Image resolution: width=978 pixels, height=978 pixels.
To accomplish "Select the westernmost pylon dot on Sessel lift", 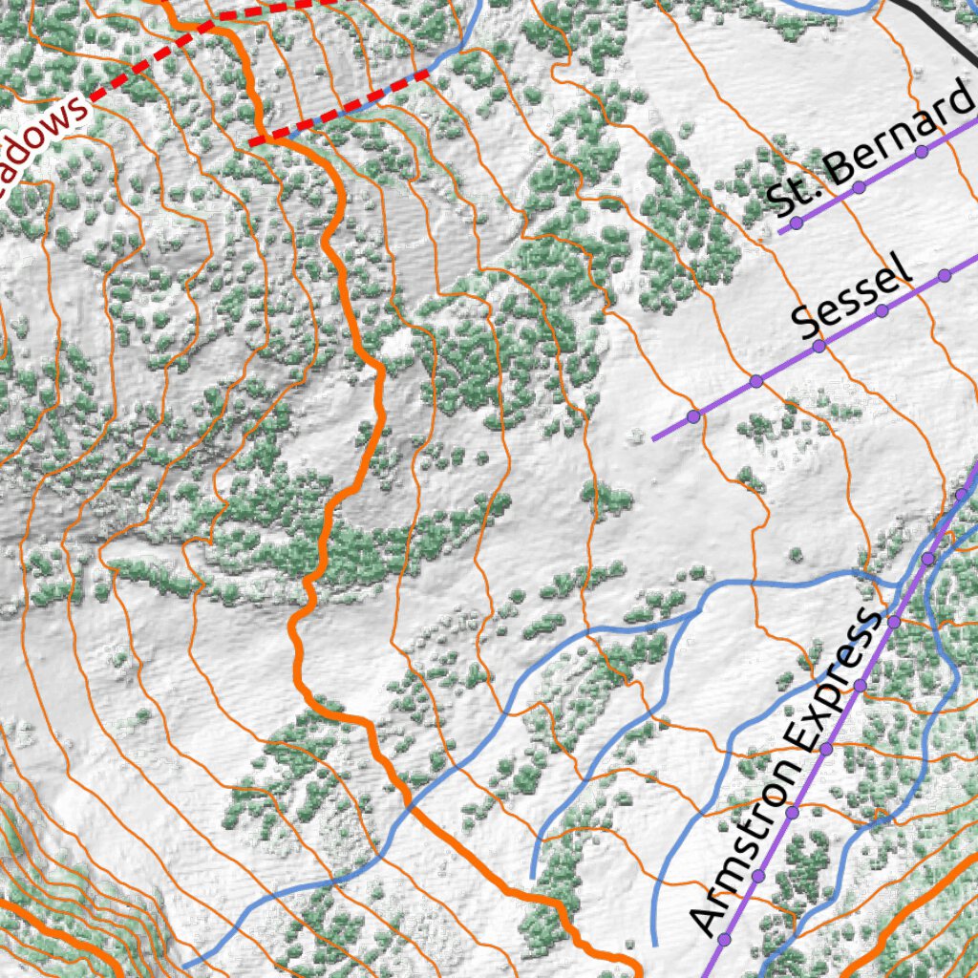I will click(693, 416).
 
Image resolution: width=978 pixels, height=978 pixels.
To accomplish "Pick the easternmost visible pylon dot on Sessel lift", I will click(945, 275).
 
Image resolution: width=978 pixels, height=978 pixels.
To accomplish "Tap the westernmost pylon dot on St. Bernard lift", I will click(796, 223).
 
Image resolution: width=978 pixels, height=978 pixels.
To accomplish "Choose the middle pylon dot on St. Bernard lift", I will click(859, 187).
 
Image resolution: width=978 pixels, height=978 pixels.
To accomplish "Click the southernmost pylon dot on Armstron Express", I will click(724, 938).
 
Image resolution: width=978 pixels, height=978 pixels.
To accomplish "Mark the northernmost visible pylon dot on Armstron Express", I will click(961, 495).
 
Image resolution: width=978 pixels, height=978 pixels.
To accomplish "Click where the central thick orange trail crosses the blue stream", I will click(413, 807).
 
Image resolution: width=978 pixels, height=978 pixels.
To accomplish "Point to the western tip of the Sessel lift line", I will click(654, 439).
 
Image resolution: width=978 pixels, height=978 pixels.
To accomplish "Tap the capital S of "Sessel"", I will click(806, 328).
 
